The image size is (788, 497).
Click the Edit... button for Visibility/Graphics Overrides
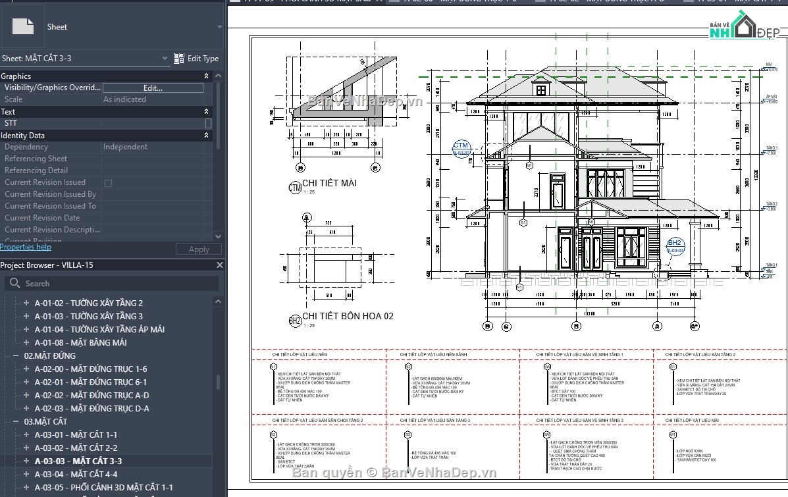tap(153, 88)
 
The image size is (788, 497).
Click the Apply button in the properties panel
tap(199, 249)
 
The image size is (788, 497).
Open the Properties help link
tap(26, 247)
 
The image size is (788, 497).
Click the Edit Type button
tap(196, 59)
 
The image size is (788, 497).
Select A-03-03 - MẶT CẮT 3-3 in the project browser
tap(78, 461)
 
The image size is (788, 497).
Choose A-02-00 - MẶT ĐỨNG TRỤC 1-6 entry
tap(91, 369)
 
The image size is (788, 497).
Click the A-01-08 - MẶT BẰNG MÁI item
tap(80, 342)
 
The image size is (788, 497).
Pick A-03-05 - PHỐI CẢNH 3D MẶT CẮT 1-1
tap(103, 487)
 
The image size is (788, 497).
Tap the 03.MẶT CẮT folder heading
tap(45, 421)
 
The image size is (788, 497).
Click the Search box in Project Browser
tap(112, 283)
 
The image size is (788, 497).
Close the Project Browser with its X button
tap(221, 265)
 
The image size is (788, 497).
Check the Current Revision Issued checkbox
tap(109, 183)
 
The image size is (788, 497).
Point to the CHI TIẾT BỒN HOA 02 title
tap(348, 316)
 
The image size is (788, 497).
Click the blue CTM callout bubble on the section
tap(461, 148)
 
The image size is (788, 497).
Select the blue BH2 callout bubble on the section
tap(675, 246)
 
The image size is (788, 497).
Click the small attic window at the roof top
tap(541, 90)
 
